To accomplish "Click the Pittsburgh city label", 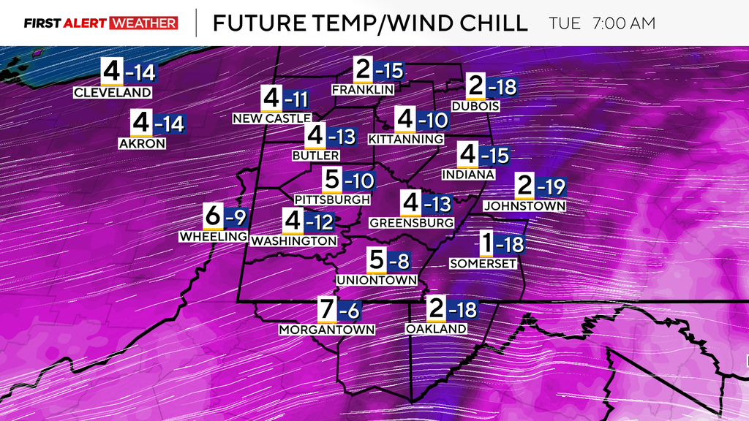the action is click(331, 199).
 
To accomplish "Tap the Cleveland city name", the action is click(113, 93).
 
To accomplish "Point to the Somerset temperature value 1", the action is click(486, 243).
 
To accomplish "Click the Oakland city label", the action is click(436, 329).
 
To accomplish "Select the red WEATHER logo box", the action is click(143, 23).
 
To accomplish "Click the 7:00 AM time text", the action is click(624, 23).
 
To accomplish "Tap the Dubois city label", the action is click(475, 106).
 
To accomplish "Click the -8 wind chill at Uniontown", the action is click(398, 260).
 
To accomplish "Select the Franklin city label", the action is click(363, 89).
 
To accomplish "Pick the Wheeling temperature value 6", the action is click(212, 216).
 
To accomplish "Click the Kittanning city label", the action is click(406, 139).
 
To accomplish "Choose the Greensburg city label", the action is click(412, 221).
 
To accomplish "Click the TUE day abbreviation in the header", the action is click(565, 23).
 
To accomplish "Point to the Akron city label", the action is click(142, 144).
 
